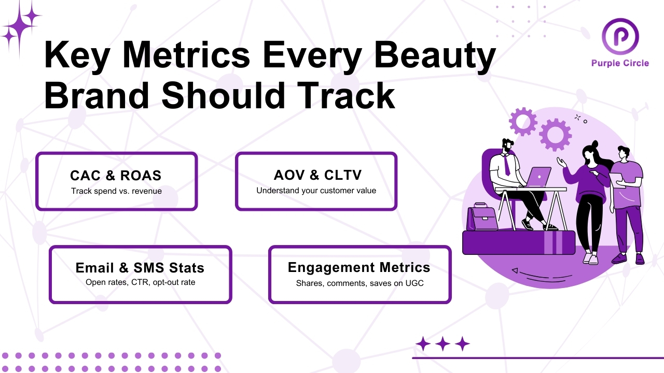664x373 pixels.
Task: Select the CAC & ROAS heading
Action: point(116,175)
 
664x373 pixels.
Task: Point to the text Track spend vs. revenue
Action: point(116,191)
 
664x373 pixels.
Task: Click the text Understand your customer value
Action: point(316,191)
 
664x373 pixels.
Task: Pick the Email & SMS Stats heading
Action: point(140,268)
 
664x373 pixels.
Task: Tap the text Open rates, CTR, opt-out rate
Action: point(140,283)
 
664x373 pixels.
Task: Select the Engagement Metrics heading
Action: point(359,267)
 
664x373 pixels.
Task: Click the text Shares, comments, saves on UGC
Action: point(359,283)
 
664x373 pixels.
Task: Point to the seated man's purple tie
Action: point(506,165)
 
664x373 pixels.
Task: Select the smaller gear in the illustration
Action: point(523,121)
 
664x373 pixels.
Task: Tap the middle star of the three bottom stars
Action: point(442,343)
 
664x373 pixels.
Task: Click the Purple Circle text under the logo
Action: point(620,63)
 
